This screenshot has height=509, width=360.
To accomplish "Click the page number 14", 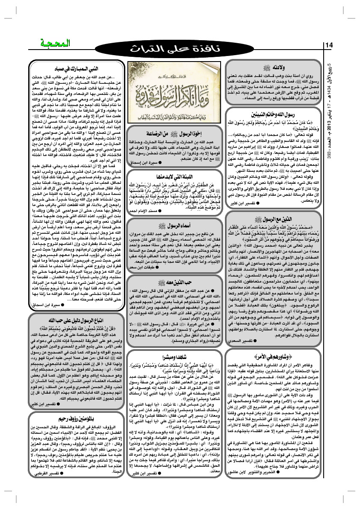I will [x=330, y=46].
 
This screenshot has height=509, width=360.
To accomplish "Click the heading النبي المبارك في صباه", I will [x=74, y=68].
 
